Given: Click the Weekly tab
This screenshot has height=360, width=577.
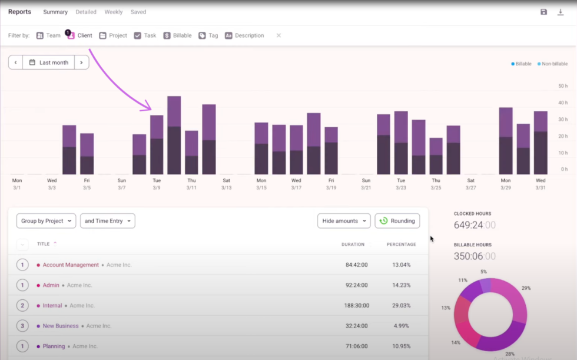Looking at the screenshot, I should (x=114, y=12).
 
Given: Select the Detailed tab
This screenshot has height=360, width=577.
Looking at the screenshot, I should (x=86, y=12).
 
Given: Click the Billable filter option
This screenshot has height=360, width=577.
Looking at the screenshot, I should (x=177, y=35).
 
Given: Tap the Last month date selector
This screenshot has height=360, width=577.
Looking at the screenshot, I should (x=48, y=62).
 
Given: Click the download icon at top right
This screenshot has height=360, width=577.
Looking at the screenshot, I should (x=561, y=12).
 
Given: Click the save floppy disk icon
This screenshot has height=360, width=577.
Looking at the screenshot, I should (x=543, y=12).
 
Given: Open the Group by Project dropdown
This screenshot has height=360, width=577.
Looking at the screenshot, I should (x=46, y=221).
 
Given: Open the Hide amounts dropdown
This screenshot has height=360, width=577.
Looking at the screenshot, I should (x=344, y=221).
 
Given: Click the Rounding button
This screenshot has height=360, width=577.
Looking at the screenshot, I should (x=397, y=221).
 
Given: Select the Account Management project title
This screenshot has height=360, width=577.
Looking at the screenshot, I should (x=70, y=265).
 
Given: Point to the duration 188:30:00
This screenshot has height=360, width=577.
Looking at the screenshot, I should (x=356, y=306).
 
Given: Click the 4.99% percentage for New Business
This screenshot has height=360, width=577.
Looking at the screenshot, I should (x=401, y=326).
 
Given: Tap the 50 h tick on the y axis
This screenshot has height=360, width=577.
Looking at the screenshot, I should (x=562, y=86).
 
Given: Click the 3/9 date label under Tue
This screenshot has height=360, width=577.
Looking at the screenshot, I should (x=157, y=188).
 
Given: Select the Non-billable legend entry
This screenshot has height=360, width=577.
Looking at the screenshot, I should (x=553, y=64).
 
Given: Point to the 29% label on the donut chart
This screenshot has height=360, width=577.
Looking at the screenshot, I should (x=526, y=288).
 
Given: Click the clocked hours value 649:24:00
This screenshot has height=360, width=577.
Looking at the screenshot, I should (x=475, y=224).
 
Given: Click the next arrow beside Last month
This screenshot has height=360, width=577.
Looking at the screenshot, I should (x=81, y=62).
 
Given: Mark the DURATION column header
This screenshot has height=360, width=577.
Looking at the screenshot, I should (x=353, y=245).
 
